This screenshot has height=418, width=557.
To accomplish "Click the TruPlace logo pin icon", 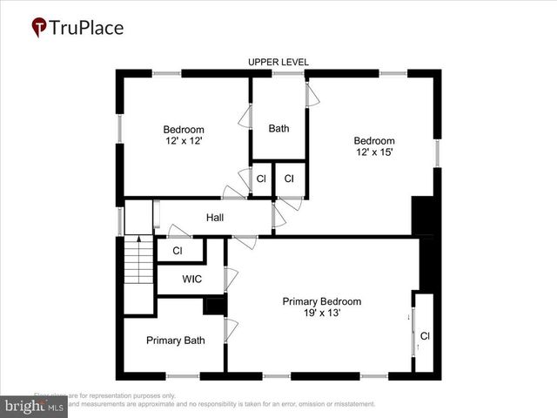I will tap(39, 27).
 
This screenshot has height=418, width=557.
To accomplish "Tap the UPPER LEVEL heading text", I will tap(278, 62).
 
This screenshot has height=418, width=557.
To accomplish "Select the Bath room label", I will tap(278, 129).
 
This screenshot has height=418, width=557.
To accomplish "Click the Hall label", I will tap(216, 218).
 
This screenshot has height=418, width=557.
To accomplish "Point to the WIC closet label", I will tap(192, 280).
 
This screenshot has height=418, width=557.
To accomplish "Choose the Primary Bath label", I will tap(175, 340).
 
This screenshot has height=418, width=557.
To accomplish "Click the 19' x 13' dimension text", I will tap(321, 313).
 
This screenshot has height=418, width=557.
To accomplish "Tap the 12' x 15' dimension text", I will tap(373, 152).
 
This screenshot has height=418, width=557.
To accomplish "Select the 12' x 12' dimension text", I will tap(184, 141).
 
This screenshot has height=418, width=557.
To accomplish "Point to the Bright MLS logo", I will tap(35, 406).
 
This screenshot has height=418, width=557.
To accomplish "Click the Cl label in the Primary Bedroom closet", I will tap(425, 335).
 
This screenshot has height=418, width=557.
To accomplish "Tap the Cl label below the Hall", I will tap(178, 251).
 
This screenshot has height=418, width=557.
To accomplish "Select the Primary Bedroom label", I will tap(321, 301).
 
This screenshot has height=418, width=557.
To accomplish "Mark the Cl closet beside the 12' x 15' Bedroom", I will tap(289, 179).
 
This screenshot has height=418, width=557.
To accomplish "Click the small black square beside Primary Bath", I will tap(214, 306).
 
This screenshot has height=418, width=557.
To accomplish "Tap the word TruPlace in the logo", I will tap(86, 27).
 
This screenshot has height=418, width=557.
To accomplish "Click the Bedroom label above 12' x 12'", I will tap(184, 130).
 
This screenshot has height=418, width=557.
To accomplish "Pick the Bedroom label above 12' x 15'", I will tap(373, 141).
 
